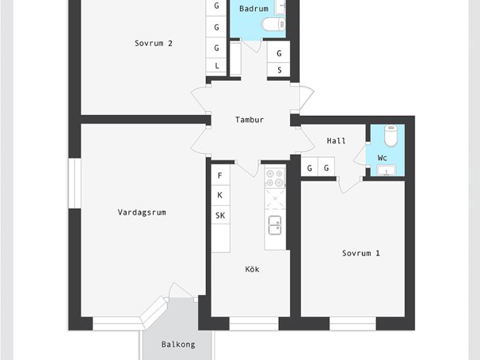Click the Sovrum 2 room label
(x=153, y=43)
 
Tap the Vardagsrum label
(x=142, y=212)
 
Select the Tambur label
(x=249, y=120)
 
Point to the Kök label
(x=252, y=269)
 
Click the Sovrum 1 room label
(x=361, y=254)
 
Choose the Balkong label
(x=178, y=345)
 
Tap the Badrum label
(x=254, y=9)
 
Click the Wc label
(x=382, y=158)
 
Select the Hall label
(x=336, y=141)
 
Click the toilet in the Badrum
(x=274, y=24)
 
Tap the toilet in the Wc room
(x=391, y=136)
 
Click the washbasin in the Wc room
(x=387, y=170)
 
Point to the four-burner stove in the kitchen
(x=275, y=178)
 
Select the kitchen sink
(x=275, y=225)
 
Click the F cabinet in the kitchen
(x=220, y=175)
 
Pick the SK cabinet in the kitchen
(x=220, y=215)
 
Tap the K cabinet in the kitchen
(x=220, y=195)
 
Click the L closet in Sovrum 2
(x=216, y=66)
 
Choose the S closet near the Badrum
(x=279, y=70)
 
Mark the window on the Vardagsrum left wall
(x=74, y=183)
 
